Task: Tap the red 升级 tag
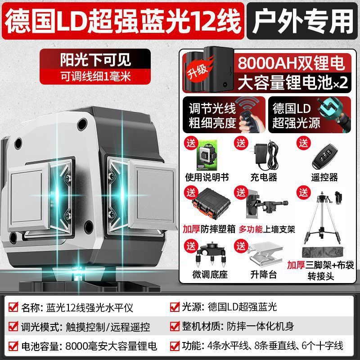(x=194, y=72)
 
